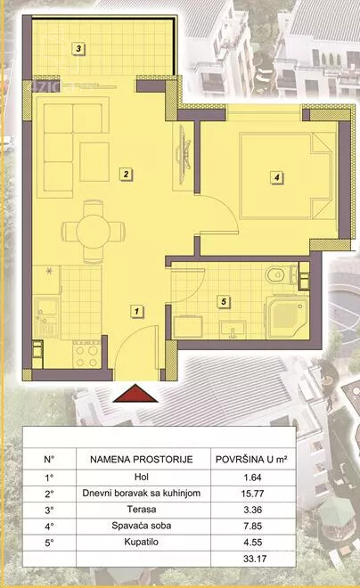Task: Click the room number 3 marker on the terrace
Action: tap(78, 48)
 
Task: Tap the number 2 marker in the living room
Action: tap(126, 174)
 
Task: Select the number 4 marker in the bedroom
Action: tap(277, 177)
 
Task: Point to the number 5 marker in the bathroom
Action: tap(224, 301)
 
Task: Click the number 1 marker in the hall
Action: tap(137, 311)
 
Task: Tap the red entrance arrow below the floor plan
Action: tap(135, 394)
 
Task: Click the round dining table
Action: tap(93, 232)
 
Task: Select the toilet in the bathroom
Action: tap(282, 275)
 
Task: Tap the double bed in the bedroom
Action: tap(286, 176)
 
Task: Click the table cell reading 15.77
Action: tap(252, 494)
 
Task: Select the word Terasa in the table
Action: tap(142, 510)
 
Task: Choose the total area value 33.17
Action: tap(255, 559)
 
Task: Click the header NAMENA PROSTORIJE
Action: tap(142, 460)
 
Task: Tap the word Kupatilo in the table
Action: tap(142, 543)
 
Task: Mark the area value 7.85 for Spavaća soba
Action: tap(252, 526)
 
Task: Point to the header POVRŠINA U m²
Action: tap(251, 460)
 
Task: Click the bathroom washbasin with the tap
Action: tap(233, 330)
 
